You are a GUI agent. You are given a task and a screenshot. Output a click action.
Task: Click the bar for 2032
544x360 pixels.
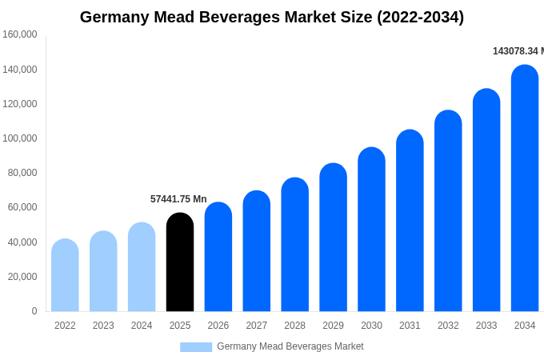point(448,211)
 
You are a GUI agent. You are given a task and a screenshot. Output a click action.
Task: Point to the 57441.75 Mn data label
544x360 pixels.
point(178,199)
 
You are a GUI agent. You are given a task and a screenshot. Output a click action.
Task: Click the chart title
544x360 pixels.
point(272,17)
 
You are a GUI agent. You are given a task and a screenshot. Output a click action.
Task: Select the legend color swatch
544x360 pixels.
point(196,347)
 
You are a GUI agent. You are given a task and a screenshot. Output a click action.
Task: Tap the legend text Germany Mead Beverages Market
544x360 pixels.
point(290,346)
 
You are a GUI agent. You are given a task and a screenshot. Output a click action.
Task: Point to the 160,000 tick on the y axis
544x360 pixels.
point(20,34)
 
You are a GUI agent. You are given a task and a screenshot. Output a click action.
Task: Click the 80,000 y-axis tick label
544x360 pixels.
point(22,173)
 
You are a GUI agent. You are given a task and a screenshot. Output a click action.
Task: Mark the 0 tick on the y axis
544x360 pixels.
point(34,311)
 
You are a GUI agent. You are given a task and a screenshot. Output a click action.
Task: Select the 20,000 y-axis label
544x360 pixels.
point(22,277)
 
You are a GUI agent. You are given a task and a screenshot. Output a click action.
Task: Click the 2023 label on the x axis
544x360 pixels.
point(103,326)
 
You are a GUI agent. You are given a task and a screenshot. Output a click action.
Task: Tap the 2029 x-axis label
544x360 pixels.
point(333,326)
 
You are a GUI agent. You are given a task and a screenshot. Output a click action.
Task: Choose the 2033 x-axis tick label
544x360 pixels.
point(486,326)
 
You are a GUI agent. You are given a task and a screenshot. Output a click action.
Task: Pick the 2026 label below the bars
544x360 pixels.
point(218,326)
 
